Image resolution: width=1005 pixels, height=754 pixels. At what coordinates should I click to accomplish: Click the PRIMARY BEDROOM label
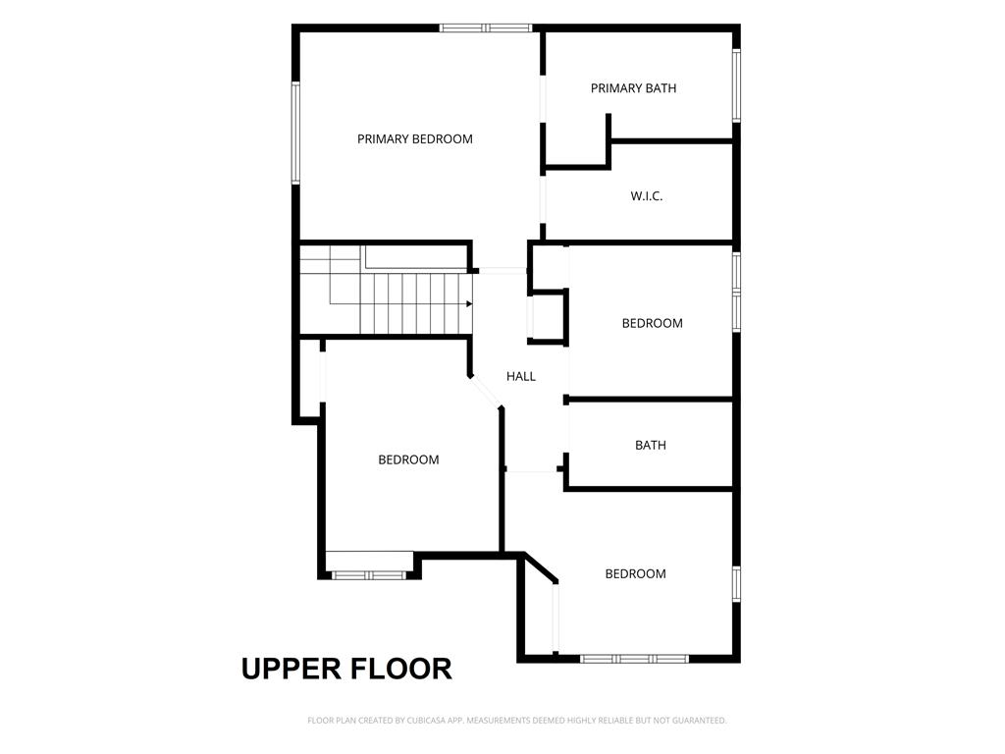pos(415,139)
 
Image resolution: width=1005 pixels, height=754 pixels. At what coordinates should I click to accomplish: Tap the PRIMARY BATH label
pos(633,88)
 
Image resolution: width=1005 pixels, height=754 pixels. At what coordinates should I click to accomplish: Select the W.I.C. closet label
pos(646,196)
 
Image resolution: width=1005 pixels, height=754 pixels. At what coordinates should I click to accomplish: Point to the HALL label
pos(521,376)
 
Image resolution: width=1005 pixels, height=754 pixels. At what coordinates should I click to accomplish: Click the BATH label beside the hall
pos(651,445)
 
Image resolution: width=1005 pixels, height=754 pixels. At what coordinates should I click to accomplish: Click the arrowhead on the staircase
pos(469,304)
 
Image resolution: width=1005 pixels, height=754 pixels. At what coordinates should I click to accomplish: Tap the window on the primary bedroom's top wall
pos(486,27)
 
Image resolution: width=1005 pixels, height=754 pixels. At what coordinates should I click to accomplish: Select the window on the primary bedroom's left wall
pos(296,133)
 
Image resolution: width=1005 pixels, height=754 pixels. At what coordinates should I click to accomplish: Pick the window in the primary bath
pos(736,85)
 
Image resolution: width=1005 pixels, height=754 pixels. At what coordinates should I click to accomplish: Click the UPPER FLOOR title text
pos(346,669)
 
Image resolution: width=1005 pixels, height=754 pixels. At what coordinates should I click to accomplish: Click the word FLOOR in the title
pos(400,669)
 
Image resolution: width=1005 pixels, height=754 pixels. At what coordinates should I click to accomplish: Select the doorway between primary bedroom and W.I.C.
pos(543,199)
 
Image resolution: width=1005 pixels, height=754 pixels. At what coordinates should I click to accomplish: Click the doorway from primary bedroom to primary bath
pos(543,99)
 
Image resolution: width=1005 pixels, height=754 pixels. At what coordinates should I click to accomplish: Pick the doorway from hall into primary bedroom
pos(503,271)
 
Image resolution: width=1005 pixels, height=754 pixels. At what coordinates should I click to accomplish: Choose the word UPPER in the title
pos(291,669)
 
